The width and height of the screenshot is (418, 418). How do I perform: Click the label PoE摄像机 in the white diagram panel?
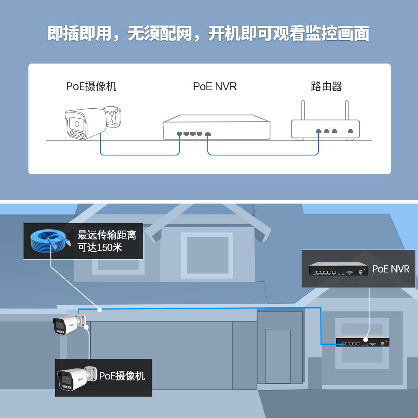91,87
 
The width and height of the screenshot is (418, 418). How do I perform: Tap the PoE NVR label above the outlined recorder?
215,87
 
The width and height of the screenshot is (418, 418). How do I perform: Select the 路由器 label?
326,87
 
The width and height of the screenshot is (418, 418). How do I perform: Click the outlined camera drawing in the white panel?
93,122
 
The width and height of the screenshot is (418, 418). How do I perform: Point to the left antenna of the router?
303,110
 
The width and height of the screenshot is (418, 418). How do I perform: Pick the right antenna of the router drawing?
347,110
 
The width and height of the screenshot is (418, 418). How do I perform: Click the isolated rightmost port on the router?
351,131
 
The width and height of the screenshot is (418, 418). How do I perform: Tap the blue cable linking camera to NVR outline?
140,155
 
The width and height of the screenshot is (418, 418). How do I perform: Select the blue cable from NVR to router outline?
263,155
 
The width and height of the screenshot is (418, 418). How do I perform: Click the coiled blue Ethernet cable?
50,241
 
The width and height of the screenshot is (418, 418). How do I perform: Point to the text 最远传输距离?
107,235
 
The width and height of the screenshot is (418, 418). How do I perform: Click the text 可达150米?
100,247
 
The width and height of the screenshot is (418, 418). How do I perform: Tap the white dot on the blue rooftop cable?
100,310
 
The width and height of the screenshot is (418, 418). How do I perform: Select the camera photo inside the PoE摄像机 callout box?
77,378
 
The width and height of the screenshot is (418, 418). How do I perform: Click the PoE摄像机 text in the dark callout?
122,376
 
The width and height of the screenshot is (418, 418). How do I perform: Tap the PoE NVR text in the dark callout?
391,269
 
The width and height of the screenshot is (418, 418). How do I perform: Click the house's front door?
278,357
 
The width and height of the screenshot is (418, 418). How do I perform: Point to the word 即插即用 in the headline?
79,33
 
